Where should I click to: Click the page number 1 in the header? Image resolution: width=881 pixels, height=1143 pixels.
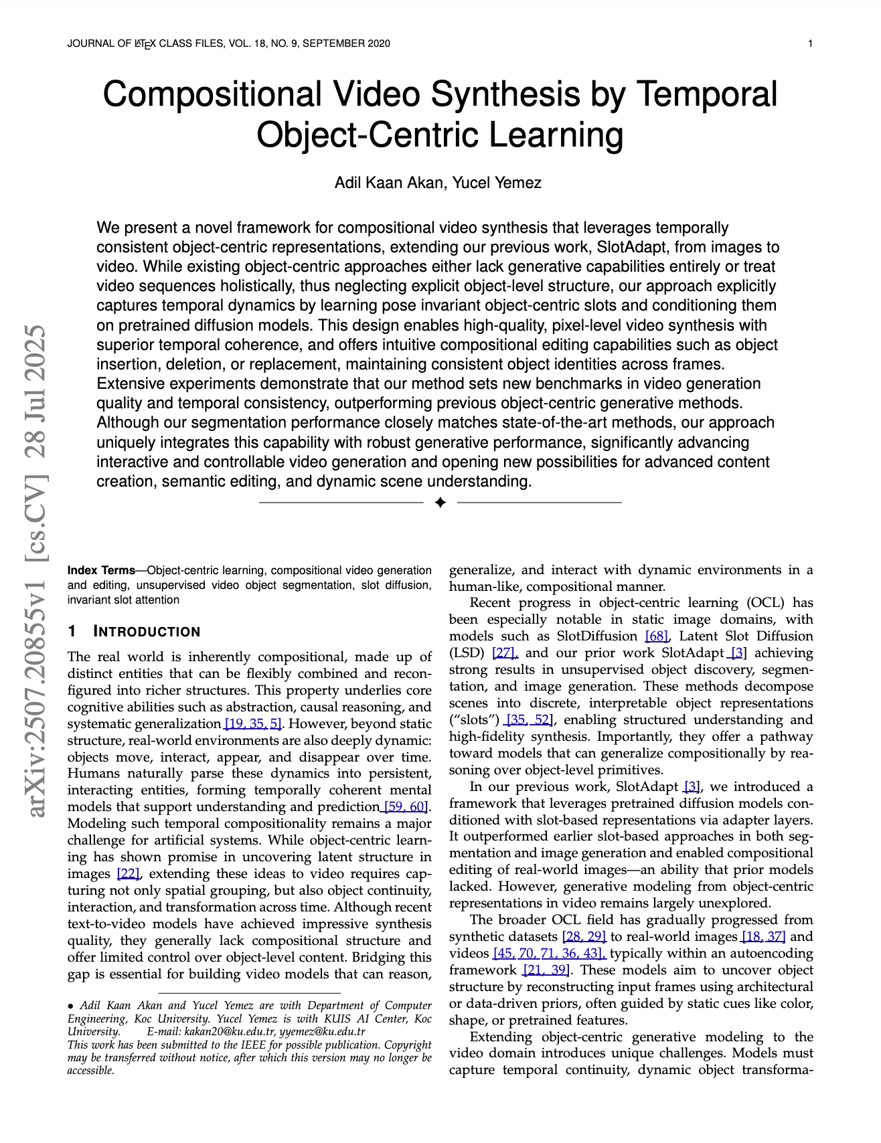(810, 44)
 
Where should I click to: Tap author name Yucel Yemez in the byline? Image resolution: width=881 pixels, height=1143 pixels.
(497, 183)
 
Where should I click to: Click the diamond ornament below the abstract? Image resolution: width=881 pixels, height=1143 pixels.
(440, 502)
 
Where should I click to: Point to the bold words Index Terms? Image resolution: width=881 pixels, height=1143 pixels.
(101, 571)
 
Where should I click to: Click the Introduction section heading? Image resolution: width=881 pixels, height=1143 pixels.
(146, 632)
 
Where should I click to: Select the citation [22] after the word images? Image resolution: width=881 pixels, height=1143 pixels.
(129, 874)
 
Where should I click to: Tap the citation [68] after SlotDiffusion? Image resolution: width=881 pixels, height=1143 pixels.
(656, 636)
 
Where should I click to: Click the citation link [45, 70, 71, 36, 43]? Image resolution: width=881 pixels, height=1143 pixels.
(550, 954)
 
